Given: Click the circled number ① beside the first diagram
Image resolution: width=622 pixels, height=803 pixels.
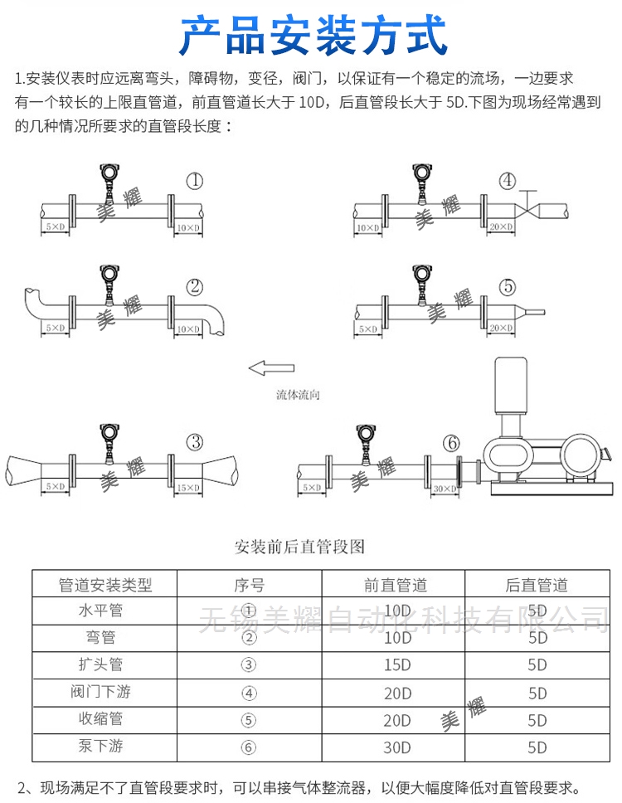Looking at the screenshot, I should (194, 182).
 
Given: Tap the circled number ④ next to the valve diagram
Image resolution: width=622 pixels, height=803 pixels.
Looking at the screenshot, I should (507, 182).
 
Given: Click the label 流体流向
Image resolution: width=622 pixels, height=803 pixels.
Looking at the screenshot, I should (298, 395).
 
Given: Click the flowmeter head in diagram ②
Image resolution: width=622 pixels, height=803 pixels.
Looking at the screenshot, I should (108, 273).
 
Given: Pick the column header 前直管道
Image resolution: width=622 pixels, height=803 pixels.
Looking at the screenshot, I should (396, 585).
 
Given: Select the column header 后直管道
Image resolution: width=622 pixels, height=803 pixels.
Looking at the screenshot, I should (537, 585).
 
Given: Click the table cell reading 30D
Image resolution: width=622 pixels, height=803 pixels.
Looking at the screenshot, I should (396, 747).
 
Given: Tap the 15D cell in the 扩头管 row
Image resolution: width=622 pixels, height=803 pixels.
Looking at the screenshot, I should (396, 665).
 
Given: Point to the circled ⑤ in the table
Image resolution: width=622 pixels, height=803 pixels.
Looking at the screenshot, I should (248, 719).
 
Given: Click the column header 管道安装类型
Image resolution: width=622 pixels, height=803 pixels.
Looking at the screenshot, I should (105, 585).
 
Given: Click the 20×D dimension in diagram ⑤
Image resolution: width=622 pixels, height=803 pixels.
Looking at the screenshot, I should (500, 328).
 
